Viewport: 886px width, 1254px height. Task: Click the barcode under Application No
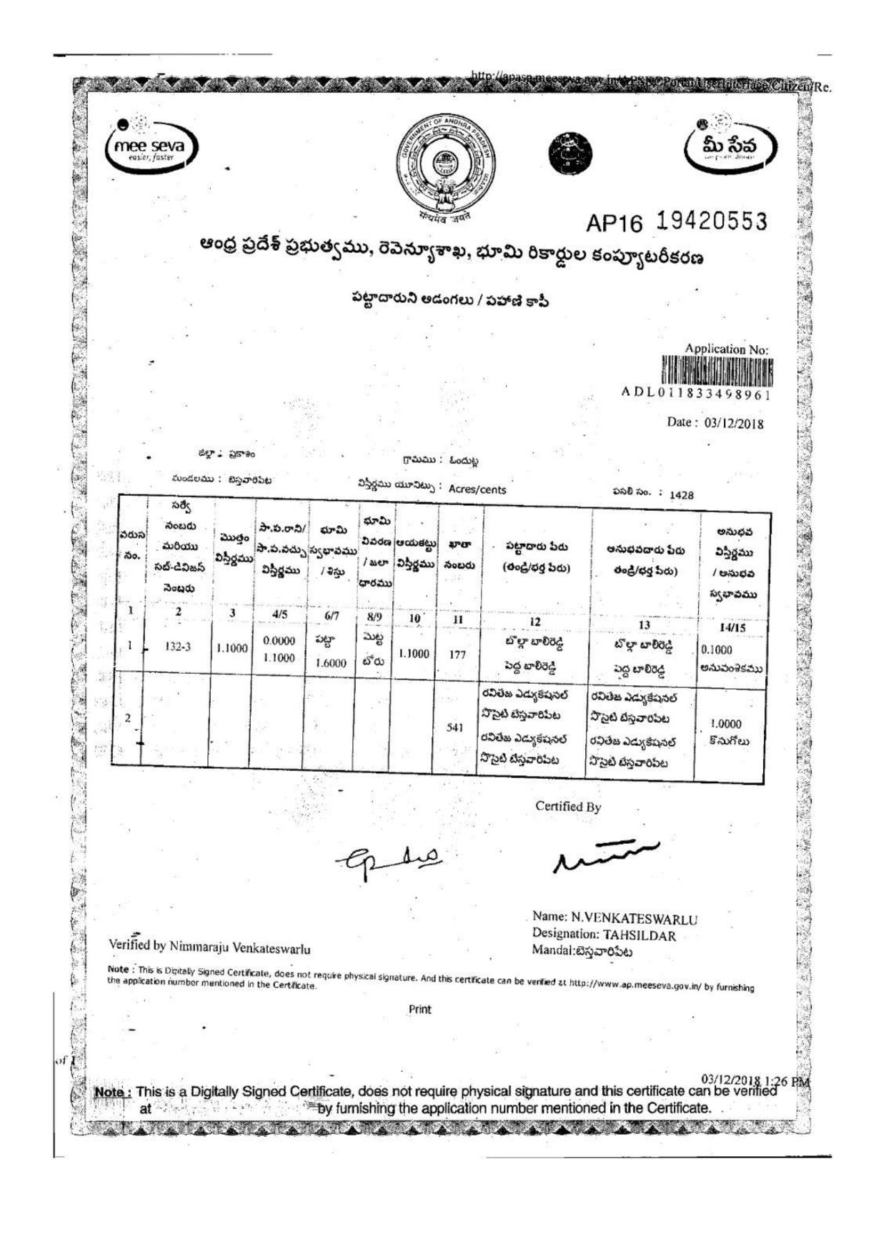pos(717,371)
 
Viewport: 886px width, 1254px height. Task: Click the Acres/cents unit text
pos(477,489)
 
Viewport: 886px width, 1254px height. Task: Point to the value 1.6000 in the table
pos(330,663)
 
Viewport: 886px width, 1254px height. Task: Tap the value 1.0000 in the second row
pos(727,724)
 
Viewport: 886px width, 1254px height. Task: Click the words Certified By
pos(568,807)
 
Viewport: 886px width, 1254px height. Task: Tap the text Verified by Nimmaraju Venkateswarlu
pos(209,947)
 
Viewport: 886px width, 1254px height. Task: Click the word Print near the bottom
pos(420,1010)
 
